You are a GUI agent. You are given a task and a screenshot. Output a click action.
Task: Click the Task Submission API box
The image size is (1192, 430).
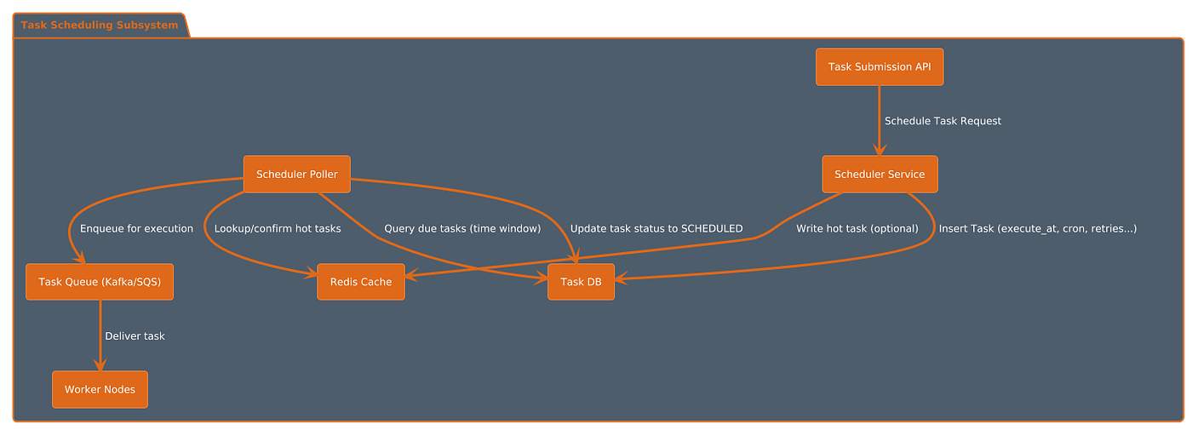(880, 66)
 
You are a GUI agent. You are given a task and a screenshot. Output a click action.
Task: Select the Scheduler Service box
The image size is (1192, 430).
(880, 174)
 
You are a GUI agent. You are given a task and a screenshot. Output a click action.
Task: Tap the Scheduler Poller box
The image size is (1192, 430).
(296, 174)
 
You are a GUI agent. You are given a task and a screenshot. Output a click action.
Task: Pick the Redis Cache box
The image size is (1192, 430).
(361, 282)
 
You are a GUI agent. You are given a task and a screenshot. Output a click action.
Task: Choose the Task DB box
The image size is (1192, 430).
(581, 282)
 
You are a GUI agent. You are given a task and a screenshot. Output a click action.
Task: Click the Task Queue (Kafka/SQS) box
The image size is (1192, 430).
(100, 282)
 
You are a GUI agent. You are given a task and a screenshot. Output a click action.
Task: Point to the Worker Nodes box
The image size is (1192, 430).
(100, 390)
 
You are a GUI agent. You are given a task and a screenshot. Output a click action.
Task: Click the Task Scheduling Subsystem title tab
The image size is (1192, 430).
(100, 25)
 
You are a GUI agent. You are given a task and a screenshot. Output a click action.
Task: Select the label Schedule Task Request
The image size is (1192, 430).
(943, 121)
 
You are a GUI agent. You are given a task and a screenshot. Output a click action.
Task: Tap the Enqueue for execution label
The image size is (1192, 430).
(136, 228)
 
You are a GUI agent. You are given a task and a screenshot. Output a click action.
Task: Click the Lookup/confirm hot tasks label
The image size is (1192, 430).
(278, 228)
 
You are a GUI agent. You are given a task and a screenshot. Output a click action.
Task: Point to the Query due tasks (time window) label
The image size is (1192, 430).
(462, 228)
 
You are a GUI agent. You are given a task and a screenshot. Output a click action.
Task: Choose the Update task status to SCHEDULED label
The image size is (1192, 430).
(656, 228)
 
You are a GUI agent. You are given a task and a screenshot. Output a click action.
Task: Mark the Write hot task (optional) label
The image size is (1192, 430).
(857, 228)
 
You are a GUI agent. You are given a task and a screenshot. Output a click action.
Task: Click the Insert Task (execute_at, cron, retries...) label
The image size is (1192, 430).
(1038, 228)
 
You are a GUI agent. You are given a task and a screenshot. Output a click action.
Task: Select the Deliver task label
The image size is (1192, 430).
(135, 336)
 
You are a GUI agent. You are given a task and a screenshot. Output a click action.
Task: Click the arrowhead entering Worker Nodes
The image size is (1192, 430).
(100, 365)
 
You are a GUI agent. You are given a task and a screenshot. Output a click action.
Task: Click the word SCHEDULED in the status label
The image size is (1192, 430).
(712, 228)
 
